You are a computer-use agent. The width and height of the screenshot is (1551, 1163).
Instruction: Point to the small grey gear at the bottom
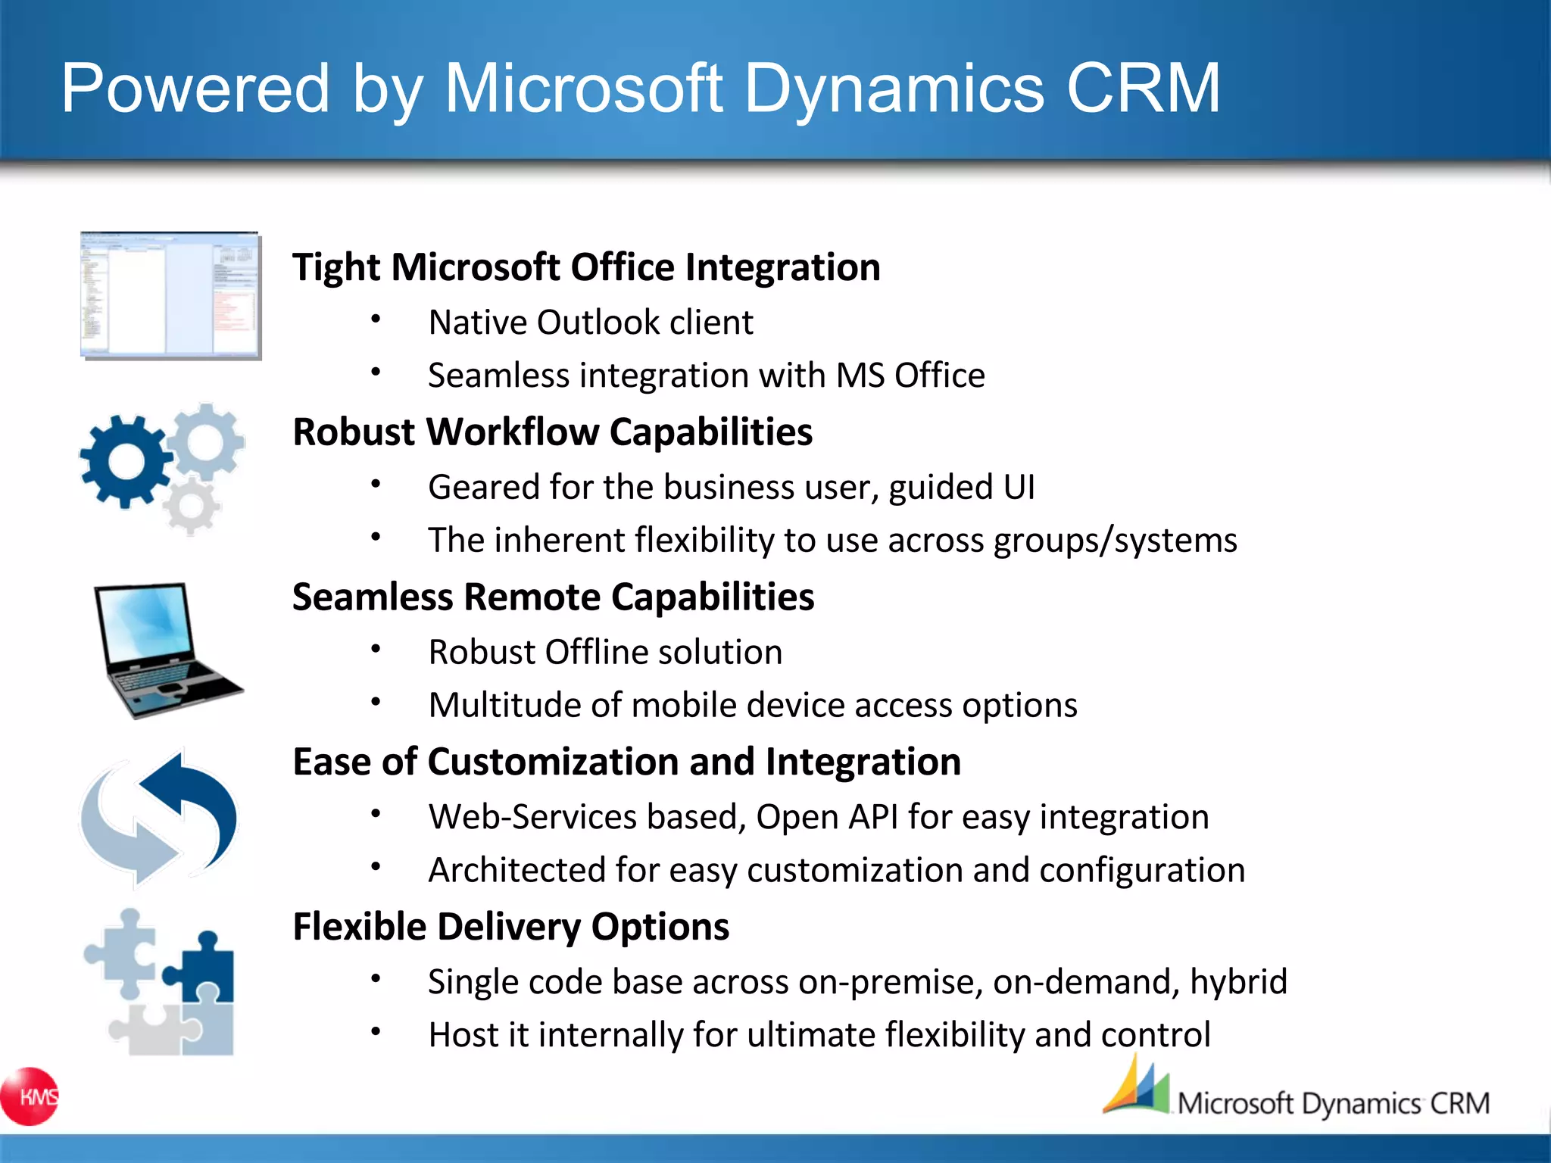(191, 506)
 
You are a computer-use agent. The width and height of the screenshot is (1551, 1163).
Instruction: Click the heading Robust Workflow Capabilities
(552, 432)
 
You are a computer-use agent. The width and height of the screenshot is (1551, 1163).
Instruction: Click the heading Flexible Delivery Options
(510, 927)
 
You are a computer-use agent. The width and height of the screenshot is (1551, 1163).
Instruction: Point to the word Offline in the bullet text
(596, 652)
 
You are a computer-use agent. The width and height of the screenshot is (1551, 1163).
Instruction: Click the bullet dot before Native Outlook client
(376, 319)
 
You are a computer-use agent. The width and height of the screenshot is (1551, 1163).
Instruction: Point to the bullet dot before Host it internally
(376, 1031)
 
